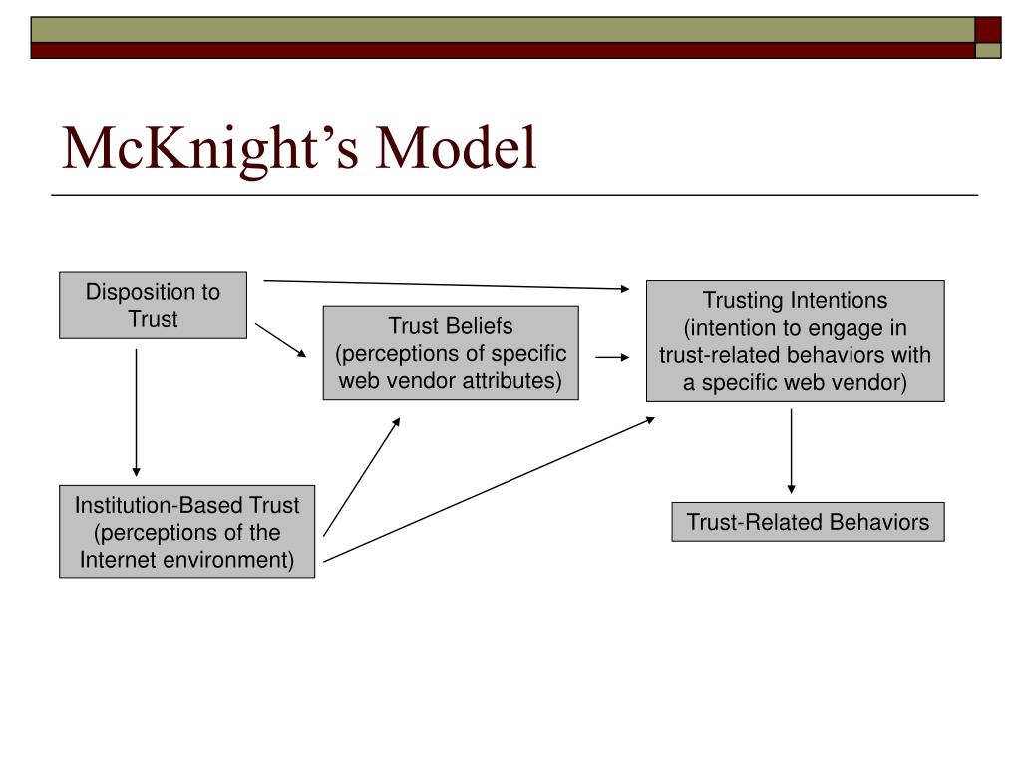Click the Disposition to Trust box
[x=153, y=305]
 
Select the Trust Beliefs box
[x=451, y=353]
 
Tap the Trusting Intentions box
[x=795, y=341]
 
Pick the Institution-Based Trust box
[x=186, y=532]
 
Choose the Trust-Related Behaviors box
[x=808, y=522]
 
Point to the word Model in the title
[x=456, y=148]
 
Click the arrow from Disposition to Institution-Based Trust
[x=136, y=412]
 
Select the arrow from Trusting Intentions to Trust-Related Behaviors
[x=791, y=451]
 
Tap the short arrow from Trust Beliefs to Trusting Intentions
[x=613, y=357]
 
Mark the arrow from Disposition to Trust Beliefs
[x=280, y=340]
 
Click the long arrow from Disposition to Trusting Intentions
[x=447, y=284]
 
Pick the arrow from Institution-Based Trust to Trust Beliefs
[x=362, y=476]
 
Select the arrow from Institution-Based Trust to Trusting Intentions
[x=489, y=489]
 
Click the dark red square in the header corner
[x=988, y=30]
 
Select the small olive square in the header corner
[x=988, y=50]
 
